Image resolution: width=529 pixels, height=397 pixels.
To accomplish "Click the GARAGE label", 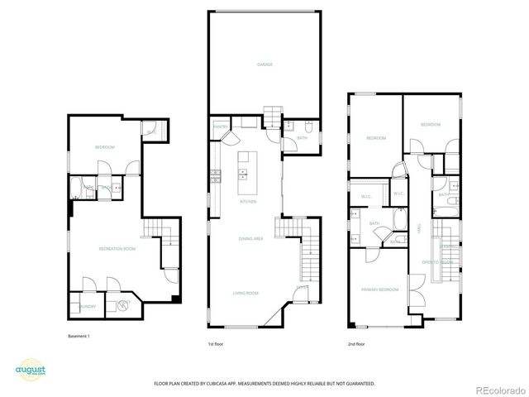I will (x=264, y=65).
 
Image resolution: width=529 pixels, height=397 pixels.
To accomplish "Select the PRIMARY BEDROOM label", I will (x=379, y=289).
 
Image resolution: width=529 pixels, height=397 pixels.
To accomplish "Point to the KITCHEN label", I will (x=248, y=201).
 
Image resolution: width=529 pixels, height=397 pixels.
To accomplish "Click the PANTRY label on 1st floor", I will (x=220, y=127).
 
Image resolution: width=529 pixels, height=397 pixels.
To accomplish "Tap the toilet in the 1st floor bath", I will (x=307, y=127).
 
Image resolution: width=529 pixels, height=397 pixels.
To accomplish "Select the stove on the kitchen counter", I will (x=216, y=175).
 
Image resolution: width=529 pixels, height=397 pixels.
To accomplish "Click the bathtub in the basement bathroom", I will (x=77, y=188).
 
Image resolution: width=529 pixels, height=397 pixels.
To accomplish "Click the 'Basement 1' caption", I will (x=79, y=337).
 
